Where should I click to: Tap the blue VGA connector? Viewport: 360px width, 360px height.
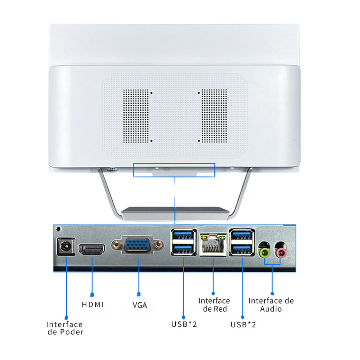pyautogui.click(x=139, y=246)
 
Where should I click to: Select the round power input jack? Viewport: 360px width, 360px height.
pyautogui.click(x=65, y=247)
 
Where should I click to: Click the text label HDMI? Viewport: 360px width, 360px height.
pyautogui.click(x=92, y=305)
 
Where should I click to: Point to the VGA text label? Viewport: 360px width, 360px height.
pyautogui.click(x=139, y=305)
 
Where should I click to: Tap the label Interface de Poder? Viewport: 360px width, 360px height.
pyautogui.click(x=65, y=328)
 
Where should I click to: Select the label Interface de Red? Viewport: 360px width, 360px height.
pyautogui.click(x=214, y=305)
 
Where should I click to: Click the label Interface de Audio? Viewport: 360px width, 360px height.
pyautogui.click(x=271, y=305)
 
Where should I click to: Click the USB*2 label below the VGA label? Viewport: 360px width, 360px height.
pyautogui.click(x=184, y=324)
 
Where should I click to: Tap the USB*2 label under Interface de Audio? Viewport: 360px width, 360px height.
pyautogui.click(x=243, y=324)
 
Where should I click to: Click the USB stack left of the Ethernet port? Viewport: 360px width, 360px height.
pyautogui.click(x=183, y=242)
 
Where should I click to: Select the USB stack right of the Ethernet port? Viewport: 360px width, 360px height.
pyautogui.click(x=242, y=242)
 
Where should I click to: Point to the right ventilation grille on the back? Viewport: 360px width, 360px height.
pyautogui.click(x=214, y=116)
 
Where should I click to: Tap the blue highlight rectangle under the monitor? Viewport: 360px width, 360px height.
pyautogui.click(x=174, y=170)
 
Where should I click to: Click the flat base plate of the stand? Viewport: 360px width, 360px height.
pyautogui.click(x=175, y=213)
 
